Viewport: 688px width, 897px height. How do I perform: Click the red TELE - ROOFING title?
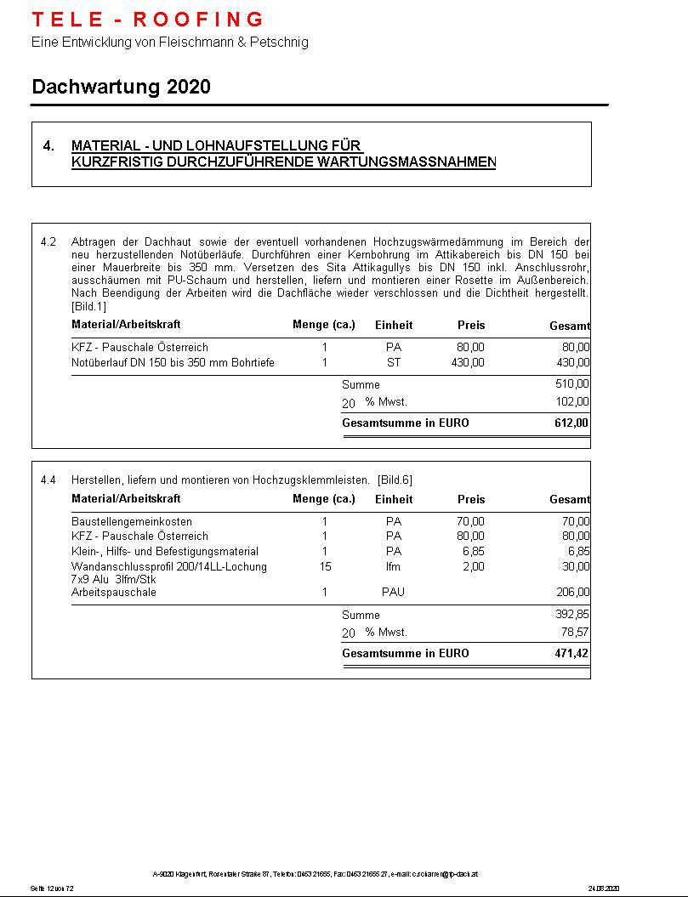click(x=148, y=19)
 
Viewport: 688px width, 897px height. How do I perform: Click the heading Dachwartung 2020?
click(x=121, y=87)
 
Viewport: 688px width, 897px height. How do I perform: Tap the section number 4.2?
click(x=48, y=242)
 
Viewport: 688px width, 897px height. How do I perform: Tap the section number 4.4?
click(x=48, y=480)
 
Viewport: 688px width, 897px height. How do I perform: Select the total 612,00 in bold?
click(x=571, y=423)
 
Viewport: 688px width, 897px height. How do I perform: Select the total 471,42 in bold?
click(x=571, y=654)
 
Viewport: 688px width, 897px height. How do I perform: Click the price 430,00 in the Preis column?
click(x=468, y=363)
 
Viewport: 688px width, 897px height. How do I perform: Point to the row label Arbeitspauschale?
click(x=114, y=593)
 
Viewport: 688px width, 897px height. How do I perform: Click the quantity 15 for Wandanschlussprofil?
click(x=325, y=566)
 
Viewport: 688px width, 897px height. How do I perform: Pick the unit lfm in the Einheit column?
click(x=393, y=566)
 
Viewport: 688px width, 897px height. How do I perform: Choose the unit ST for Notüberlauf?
click(x=393, y=363)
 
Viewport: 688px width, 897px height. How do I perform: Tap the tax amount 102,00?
click(x=571, y=402)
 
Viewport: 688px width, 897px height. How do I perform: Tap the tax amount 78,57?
click(x=574, y=633)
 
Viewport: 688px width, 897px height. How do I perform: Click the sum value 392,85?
click(x=571, y=615)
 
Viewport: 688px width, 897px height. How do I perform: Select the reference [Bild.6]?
click(x=395, y=480)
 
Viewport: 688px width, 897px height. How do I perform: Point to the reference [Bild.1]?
click(x=89, y=306)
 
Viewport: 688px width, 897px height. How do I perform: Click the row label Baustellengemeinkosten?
click(x=132, y=521)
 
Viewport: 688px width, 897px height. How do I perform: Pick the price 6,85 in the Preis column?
click(x=473, y=552)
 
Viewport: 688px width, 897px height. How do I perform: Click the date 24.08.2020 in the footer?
click(x=603, y=888)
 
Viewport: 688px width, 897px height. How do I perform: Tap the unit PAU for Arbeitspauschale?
click(x=393, y=593)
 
